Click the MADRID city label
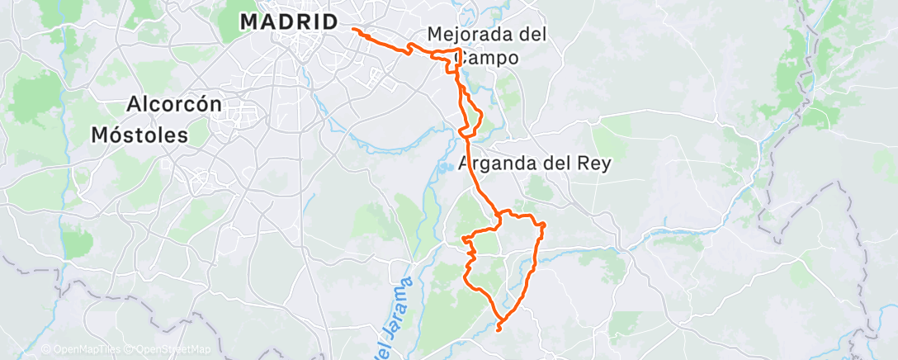(x=289, y=22)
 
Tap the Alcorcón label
(x=174, y=105)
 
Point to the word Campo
(x=489, y=59)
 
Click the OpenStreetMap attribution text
(x=169, y=350)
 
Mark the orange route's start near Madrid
(x=353, y=29)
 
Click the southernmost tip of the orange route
(x=499, y=330)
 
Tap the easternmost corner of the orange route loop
(x=545, y=225)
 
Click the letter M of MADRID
(x=249, y=22)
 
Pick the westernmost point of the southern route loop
(x=463, y=239)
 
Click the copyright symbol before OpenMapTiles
(x=45, y=350)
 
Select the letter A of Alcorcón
(x=134, y=105)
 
